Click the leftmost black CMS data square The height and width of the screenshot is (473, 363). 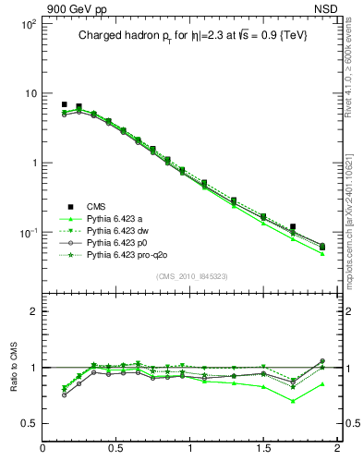tap(65, 105)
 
